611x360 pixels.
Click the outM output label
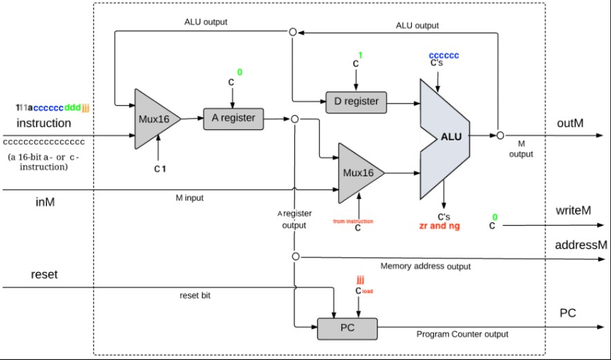tap(572, 123)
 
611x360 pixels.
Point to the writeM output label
tap(574, 210)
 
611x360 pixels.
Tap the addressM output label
tap(580, 245)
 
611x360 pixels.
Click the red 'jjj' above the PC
tap(360, 280)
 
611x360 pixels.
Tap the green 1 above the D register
tap(360, 55)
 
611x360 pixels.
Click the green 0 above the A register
tap(239, 71)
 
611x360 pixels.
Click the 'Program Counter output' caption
tap(462, 334)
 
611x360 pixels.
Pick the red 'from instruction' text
tap(353, 221)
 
